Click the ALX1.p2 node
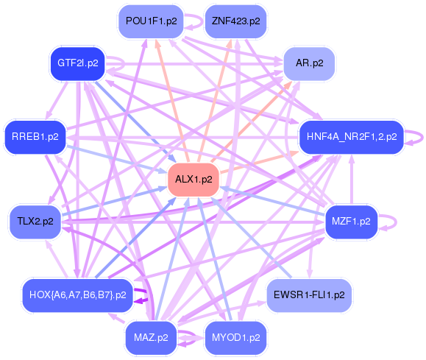(x=194, y=180)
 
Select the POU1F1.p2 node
(x=152, y=21)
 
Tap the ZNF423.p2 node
(x=235, y=21)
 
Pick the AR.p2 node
(x=309, y=63)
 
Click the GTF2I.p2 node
(x=78, y=63)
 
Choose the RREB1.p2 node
(x=35, y=137)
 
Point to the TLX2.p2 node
(x=35, y=222)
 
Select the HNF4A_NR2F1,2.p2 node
(x=352, y=137)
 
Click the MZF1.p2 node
(x=351, y=222)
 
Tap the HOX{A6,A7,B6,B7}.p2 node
(x=78, y=295)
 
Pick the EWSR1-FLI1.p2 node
(x=309, y=295)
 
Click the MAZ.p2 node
(x=151, y=338)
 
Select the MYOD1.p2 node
(x=235, y=338)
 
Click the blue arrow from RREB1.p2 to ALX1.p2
(x=116, y=160)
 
